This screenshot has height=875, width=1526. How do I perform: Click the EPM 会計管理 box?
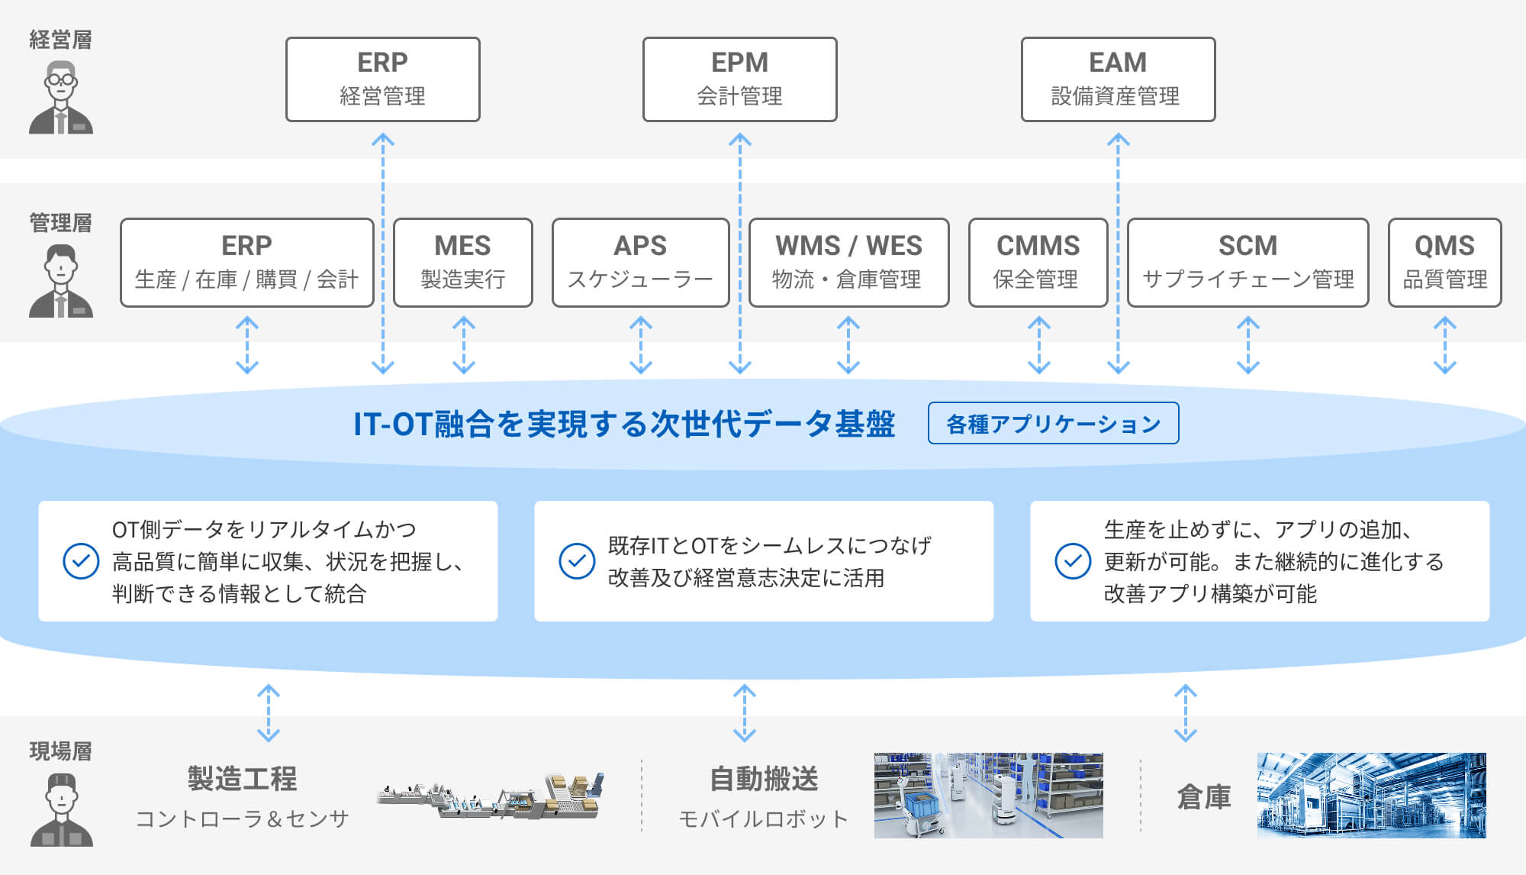pos(739,79)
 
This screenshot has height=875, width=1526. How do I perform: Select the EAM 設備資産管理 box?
pos(1118,79)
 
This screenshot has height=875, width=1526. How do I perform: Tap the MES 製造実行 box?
pos(462,263)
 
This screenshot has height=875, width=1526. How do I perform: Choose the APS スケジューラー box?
pos(640,263)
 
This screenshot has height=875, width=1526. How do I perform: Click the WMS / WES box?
pos(848,263)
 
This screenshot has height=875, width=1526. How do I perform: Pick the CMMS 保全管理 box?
pos(1038,263)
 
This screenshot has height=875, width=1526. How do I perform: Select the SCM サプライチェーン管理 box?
pos(1248,263)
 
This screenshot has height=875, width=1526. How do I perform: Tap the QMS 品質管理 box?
pos(1444,263)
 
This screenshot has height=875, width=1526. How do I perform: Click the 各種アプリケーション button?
pos(1053,423)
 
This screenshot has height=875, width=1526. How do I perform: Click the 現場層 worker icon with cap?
pos(61,809)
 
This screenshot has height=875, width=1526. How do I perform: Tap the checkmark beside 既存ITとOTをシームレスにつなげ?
pos(577,561)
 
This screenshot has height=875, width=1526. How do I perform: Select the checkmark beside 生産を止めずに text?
pos(1073,561)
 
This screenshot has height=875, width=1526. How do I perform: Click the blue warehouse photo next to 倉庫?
pos(1371,795)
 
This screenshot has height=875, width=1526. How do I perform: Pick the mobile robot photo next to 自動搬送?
pos(988,795)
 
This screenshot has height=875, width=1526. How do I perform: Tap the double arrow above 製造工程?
pos(269,713)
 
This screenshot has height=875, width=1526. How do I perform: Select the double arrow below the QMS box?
pos(1444,346)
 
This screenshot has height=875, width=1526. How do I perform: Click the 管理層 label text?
pos(60,223)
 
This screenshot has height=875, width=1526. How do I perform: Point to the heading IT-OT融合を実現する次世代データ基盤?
pos(623,424)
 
